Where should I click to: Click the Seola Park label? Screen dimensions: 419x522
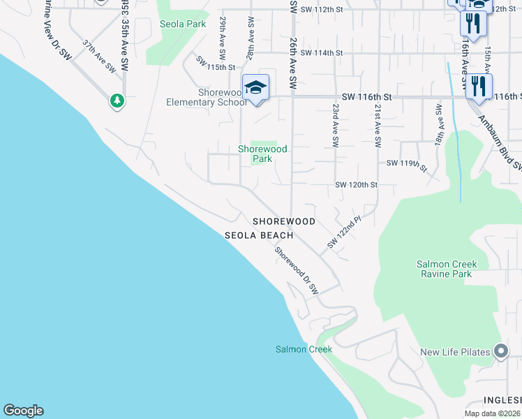(x=182, y=23)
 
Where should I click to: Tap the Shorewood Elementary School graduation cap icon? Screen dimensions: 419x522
(x=256, y=87)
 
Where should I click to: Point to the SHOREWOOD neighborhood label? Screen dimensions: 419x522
(x=284, y=221)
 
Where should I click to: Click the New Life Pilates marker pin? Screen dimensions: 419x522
(x=500, y=352)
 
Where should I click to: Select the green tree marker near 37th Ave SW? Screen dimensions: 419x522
(x=117, y=101)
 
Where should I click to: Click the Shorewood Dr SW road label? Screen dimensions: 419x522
(x=297, y=271)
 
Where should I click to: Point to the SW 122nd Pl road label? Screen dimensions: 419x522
(x=343, y=233)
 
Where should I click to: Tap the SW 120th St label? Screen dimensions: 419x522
(x=356, y=185)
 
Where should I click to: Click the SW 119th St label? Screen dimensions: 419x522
(x=406, y=165)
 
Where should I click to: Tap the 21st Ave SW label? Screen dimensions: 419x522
(x=378, y=126)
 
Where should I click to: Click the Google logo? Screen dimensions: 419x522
(x=23, y=411)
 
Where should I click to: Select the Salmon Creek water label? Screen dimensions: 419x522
(x=304, y=349)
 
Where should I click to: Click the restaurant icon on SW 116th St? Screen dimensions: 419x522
(x=478, y=86)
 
